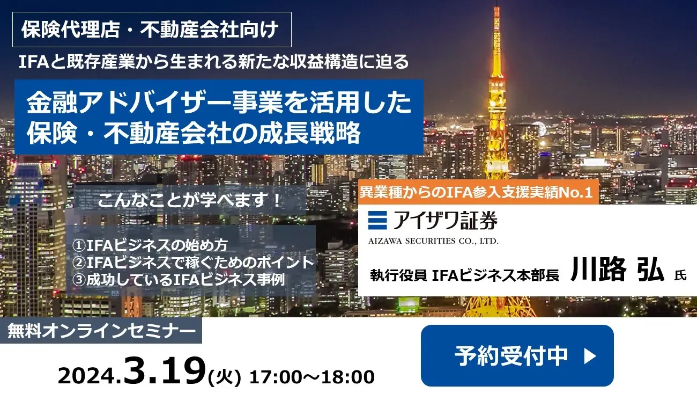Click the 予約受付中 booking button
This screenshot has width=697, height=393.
[517, 355]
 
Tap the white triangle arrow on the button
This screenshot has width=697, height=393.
[590, 356]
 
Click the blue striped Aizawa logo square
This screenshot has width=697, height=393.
[377, 220]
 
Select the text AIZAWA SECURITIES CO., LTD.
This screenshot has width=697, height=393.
[433, 241]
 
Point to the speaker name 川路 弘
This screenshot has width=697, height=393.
[617, 270]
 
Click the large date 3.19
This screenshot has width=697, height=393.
[165, 371]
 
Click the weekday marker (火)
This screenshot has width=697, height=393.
[224, 377]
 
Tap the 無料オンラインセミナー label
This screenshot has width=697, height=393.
[101, 331]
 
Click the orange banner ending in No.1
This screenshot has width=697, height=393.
[478, 192]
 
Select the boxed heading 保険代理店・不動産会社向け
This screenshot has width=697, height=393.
[152, 30]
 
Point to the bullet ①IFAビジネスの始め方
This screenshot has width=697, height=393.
[150, 245]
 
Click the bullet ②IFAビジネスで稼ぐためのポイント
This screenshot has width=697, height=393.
[193, 263]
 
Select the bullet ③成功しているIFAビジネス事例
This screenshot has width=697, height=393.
[179, 280]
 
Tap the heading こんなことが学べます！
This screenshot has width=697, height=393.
[190, 200]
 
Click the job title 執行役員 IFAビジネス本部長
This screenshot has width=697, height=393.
[464, 275]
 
